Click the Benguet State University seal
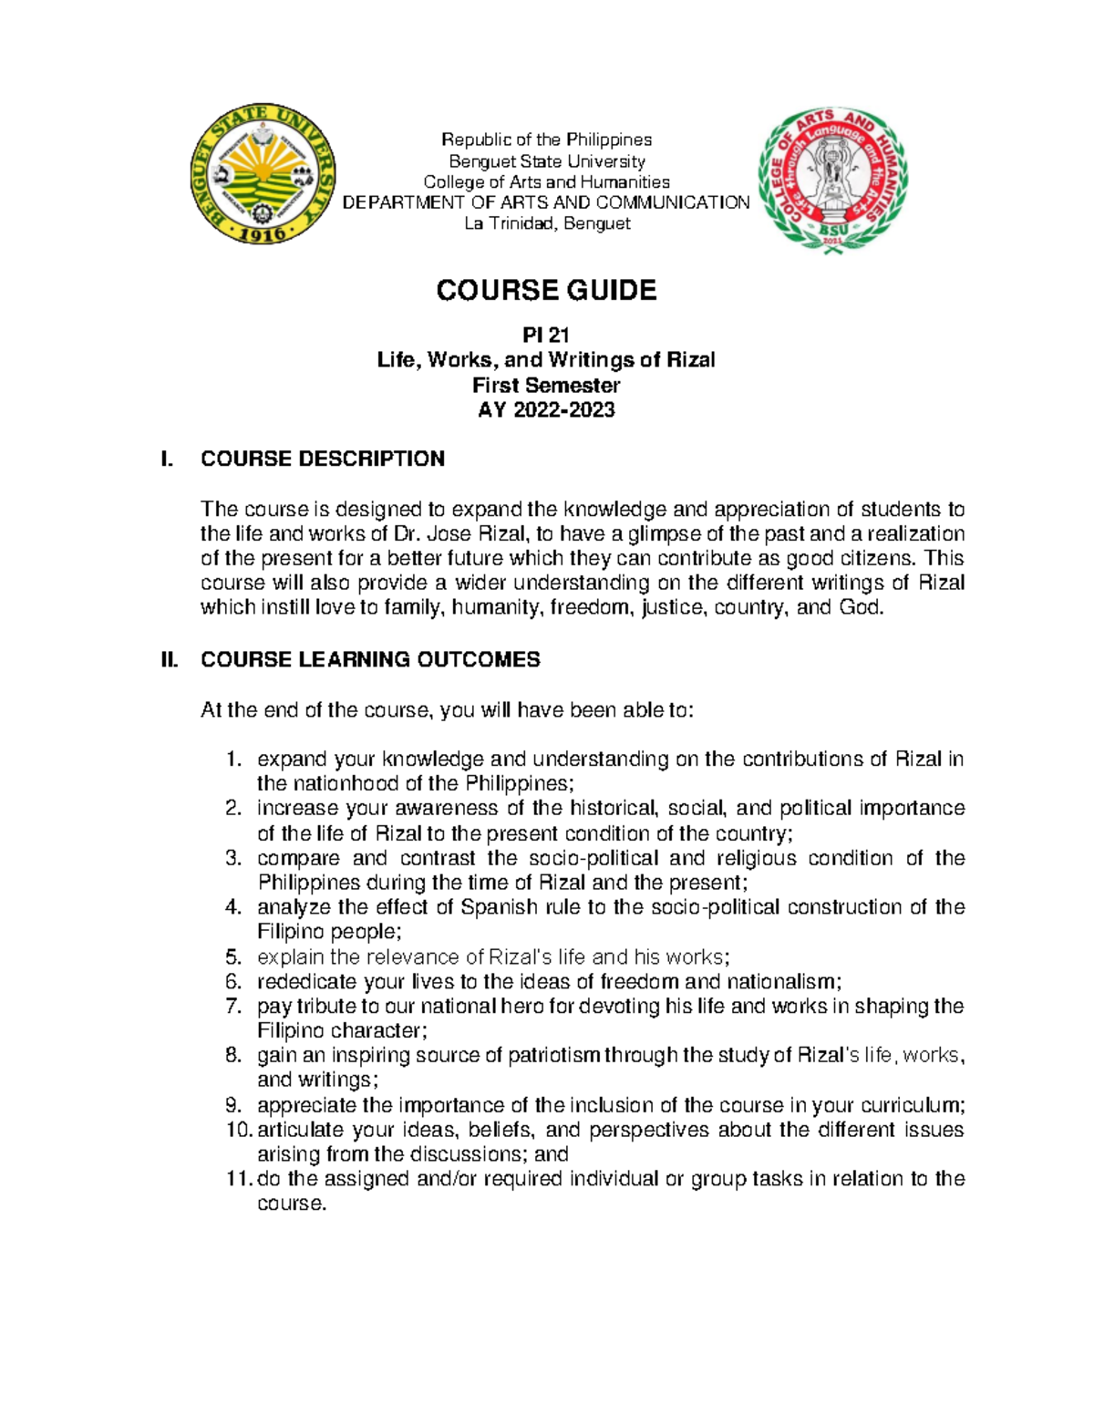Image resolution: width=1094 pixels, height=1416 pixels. tap(263, 173)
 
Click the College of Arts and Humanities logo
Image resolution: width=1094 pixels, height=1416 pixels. tap(831, 181)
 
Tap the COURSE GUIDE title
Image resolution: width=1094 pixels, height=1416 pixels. tap(546, 290)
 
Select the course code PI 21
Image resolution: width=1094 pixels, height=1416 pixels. tap(546, 336)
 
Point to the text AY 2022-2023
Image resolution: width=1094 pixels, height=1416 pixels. tap(546, 409)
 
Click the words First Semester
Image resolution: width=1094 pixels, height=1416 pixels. tap(546, 385)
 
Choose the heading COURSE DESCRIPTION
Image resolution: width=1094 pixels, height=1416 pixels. tap(323, 459)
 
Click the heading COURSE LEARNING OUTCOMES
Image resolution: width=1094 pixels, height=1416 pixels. tap(370, 659)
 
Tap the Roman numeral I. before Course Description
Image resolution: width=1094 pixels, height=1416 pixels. tap(165, 459)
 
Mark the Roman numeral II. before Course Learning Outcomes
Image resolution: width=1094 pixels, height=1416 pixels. tap(169, 659)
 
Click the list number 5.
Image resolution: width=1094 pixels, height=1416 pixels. tap(233, 956)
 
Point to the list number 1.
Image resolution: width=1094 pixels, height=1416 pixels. tap(233, 760)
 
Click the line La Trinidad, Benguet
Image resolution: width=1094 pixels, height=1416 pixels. tap(547, 223)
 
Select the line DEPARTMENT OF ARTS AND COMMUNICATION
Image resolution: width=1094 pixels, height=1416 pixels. tap(545, 202)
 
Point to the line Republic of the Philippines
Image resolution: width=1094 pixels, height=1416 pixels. tap(547, 140)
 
